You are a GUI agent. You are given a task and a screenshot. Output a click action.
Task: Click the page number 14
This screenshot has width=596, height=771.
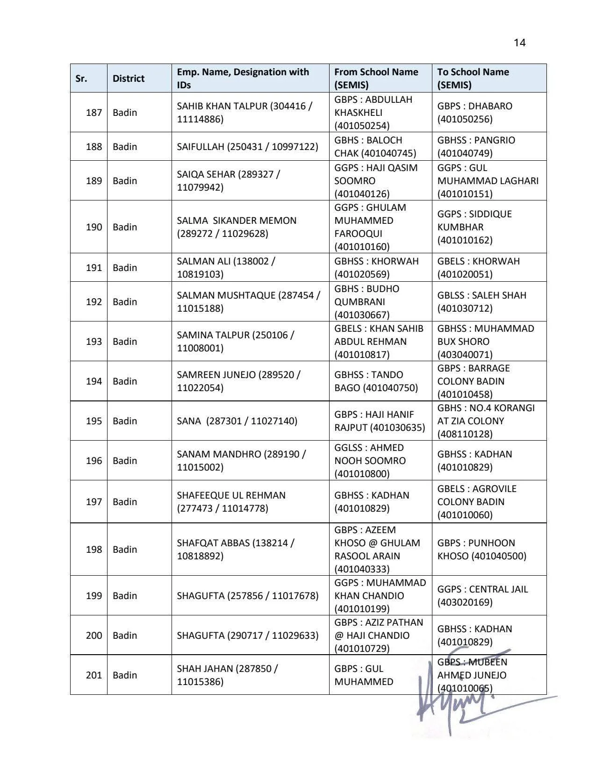[519, 43]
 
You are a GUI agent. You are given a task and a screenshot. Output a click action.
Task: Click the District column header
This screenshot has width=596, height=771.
[129, 79]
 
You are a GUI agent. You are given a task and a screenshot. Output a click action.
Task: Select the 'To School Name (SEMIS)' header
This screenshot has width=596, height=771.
[473, 79]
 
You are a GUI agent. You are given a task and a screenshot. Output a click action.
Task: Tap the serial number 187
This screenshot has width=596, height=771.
[93, 113]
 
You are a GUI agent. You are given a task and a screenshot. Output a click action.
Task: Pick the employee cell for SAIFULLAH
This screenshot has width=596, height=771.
[247, 147]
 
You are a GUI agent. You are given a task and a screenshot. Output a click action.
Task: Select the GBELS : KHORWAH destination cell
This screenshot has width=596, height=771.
[478, 268]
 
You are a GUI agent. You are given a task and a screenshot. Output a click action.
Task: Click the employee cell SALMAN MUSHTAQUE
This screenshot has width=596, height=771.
[248, 302]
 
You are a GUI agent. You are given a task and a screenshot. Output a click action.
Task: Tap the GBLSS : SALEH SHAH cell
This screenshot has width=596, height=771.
[481, 302]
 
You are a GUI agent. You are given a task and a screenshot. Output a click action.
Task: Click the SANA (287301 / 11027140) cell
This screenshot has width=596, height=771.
[237, 421]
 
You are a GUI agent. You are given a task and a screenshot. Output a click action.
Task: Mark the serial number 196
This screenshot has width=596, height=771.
[93, 461]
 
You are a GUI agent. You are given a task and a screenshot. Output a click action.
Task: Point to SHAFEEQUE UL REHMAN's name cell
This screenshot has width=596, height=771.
[231, 502]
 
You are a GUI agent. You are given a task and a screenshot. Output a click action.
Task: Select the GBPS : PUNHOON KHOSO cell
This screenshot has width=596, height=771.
[481, 550]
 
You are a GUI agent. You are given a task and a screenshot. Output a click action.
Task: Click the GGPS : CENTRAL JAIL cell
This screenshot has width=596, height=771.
[482, 596]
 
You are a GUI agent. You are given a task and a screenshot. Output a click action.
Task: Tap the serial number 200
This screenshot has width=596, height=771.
[93, 635]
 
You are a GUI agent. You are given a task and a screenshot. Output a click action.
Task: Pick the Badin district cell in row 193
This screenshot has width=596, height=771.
[125, 342]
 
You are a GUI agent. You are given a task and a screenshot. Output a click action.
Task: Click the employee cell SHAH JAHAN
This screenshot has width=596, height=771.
[227, 675]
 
